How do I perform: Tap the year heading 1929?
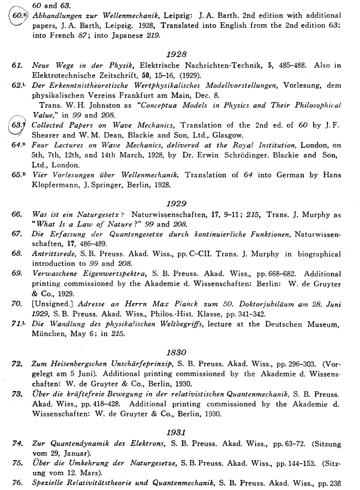(177, 204)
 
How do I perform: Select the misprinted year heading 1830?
(177, 352)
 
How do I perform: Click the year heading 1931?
(177, 433)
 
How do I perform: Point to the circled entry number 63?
(17, 126)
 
